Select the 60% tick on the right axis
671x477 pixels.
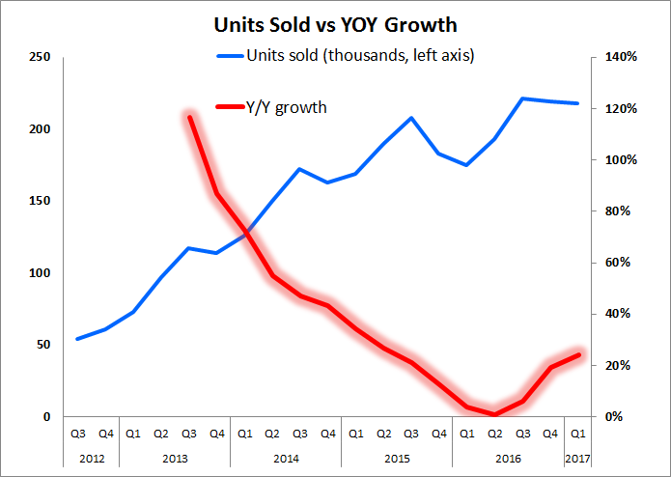pyautogui.click(x=618, y=263)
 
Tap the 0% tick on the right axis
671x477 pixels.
pyautogui.click(x=614, y=416)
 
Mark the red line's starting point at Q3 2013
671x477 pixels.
pyautogui.click(x=189, y=117)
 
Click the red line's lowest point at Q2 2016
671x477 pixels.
pyautogui.click(x=494, y=414)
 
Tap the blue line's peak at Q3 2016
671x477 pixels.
pyautogui.click(x=522, y=98)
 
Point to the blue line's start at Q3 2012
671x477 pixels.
pyautogui.click(x=77, y=339)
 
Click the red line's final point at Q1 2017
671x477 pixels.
pyautogui.click(x=577, y=354)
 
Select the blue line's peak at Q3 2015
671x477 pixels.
pyautogui.click(x=411, y=118)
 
